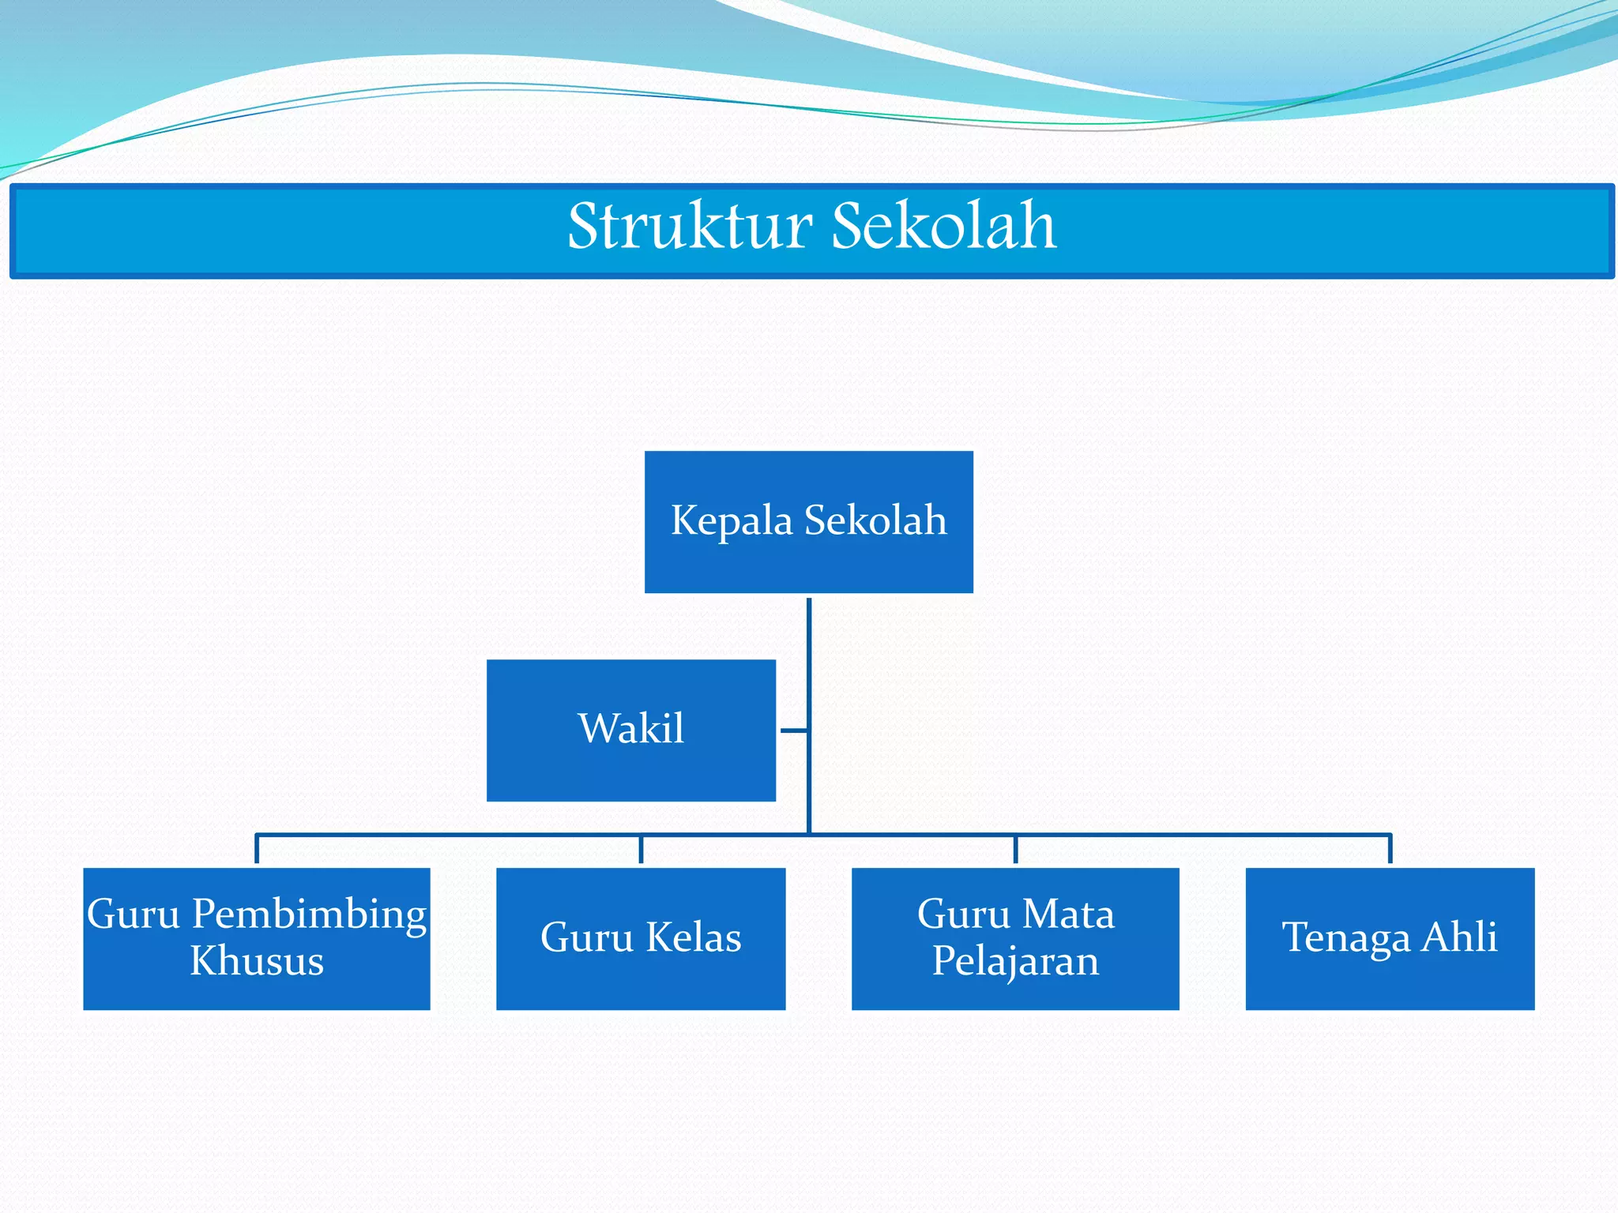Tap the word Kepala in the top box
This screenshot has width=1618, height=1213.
tap(731, 521)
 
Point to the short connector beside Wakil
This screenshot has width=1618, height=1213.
tap(794, 730)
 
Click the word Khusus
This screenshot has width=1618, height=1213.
tap(257, 961)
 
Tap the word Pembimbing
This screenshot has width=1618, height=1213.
tap(310, 914)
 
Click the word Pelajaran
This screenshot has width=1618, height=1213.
tap(1015, 961)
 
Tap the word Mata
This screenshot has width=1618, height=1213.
tap(1068, 914)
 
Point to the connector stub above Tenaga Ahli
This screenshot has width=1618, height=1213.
tap(1390, 849)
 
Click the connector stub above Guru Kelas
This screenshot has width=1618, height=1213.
tap(641, 849)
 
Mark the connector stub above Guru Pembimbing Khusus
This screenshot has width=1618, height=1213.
tap(257, 849)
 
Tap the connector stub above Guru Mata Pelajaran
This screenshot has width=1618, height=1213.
tap(1015, 849)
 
